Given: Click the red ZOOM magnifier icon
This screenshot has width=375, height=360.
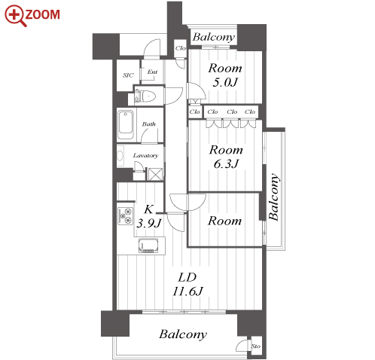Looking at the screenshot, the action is click(15, 15).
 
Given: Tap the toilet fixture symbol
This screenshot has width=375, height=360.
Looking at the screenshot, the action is click(148, 96).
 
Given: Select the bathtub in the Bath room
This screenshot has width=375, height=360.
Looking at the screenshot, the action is click(126, 124).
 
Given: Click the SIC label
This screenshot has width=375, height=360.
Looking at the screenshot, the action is click(128, 75).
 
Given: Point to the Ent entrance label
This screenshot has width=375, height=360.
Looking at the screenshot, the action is click(152, 72).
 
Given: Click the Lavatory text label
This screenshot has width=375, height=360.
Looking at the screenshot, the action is click(145, 155).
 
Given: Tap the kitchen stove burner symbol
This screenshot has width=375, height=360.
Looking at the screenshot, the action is click(125, 215).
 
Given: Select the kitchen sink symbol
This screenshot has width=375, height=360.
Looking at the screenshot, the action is click(149, 246).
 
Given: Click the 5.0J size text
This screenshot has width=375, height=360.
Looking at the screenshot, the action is click(225, 82).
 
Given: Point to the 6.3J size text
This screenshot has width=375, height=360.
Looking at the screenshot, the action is click(226, 164).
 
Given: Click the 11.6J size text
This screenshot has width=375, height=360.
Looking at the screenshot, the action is click(187, 291).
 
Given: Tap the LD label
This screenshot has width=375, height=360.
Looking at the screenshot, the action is click(187, 277).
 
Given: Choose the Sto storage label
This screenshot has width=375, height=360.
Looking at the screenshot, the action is click(256, 346).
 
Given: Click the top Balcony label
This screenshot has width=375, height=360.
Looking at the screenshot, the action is click(214, 37).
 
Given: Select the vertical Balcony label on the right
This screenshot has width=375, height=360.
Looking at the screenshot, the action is click(273, 197).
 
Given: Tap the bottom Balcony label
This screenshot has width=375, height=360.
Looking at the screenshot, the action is click(183, 334).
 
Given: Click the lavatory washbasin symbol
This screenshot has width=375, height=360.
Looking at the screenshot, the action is click(120, 156).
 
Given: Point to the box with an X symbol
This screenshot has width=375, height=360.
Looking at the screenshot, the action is click(154, 174).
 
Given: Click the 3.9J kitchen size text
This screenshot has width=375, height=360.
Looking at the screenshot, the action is click(148, 223).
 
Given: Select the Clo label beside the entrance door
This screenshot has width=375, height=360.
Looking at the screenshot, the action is click(181, 48).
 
